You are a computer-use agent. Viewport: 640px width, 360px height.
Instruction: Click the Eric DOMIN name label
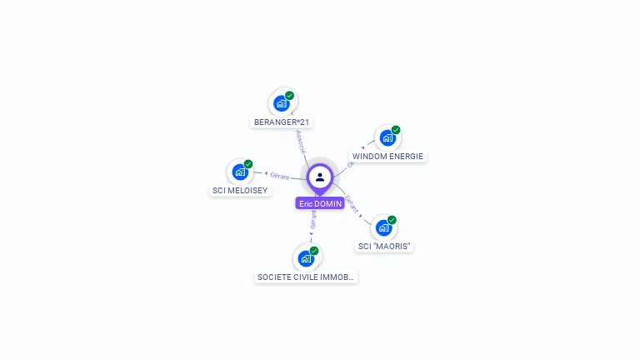click(320, 203)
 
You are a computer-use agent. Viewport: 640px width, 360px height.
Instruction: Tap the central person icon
click(320, 177)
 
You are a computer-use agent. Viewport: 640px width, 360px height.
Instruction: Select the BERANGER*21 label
click(282, 122)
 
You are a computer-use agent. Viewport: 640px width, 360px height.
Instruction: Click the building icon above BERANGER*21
click(282, 104)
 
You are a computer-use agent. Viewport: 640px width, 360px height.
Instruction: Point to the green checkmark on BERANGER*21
click(290, 96)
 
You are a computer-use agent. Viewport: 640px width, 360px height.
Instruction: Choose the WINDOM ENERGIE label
click(387, 156)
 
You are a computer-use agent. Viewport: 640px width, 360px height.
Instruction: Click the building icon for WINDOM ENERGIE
click(387, 137)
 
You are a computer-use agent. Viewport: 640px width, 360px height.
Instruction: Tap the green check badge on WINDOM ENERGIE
click(396, 130)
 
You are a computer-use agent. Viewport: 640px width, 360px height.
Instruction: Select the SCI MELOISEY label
click(240, 191)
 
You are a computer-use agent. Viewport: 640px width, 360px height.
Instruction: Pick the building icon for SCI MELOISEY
click(240, 172)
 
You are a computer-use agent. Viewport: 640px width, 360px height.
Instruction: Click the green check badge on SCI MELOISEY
click(248, 164)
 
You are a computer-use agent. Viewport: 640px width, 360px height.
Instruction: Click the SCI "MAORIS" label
click(384, 246)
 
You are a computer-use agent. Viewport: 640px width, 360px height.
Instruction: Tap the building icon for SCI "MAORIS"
click(383, 227)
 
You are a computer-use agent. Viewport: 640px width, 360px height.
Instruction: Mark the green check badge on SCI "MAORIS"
click(392, 220)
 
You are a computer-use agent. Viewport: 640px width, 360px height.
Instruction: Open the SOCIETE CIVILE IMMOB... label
click(306, 277)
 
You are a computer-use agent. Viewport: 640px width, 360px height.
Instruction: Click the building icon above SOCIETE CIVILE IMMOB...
click(306, 258)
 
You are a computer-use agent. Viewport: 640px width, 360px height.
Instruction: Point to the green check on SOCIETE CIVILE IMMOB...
click(314, 251)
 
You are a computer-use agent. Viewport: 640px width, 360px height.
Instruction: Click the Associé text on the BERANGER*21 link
click(301, 141)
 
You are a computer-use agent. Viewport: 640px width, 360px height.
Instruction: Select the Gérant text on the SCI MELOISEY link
click(279, 176)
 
